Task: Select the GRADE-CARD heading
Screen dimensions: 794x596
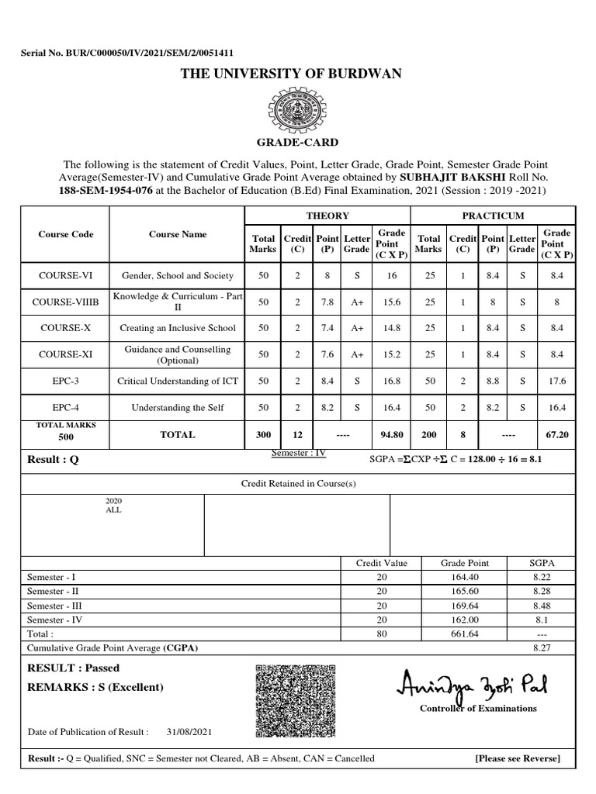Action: (297, 143)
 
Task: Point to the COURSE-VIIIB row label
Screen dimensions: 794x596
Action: (65, 302)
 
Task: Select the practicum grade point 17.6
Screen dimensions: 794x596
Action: (556, 381)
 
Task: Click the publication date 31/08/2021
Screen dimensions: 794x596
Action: (189, 731)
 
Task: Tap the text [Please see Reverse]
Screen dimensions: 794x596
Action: (517, 758)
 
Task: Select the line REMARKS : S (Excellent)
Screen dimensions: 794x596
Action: (95, 687)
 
